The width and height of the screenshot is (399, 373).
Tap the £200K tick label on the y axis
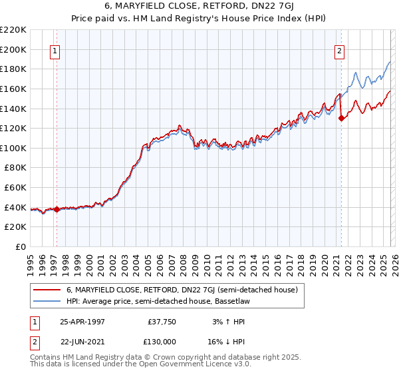13,49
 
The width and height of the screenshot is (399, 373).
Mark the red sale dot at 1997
57,209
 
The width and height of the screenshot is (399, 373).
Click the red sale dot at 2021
341,118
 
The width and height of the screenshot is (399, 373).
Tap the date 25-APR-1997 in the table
82,321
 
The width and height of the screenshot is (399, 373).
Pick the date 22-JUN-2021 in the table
82,340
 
